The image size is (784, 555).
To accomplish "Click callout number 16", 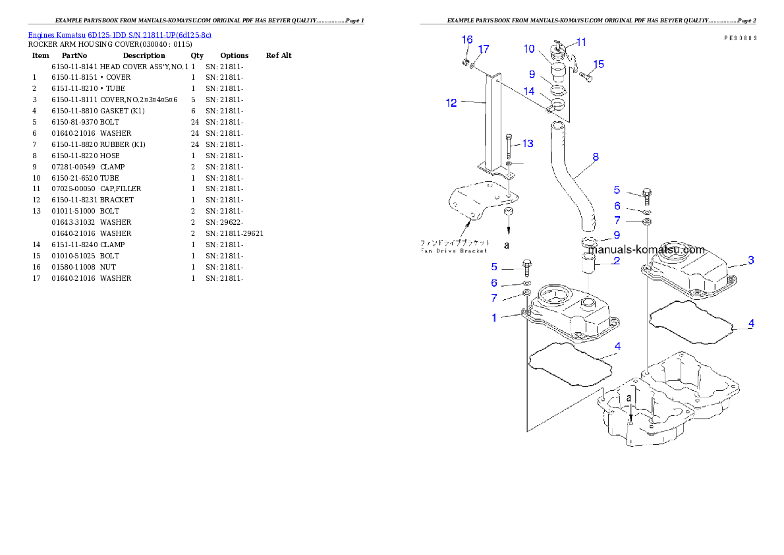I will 466,40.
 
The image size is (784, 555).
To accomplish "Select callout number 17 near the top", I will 484,49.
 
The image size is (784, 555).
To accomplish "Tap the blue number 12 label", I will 451,103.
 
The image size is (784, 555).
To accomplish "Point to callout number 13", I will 528,144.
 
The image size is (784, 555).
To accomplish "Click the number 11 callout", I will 580,42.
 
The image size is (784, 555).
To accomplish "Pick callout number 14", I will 529,92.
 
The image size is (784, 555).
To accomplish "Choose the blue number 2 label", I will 616,261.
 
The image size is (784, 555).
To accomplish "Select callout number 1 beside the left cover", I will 494,318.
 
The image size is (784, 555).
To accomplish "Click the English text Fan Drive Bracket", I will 455,250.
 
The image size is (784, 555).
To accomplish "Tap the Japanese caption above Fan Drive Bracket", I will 455,242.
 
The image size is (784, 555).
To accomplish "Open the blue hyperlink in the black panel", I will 119,35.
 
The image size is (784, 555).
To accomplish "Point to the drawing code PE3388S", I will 740,38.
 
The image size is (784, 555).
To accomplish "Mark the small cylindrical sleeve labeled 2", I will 588,267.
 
